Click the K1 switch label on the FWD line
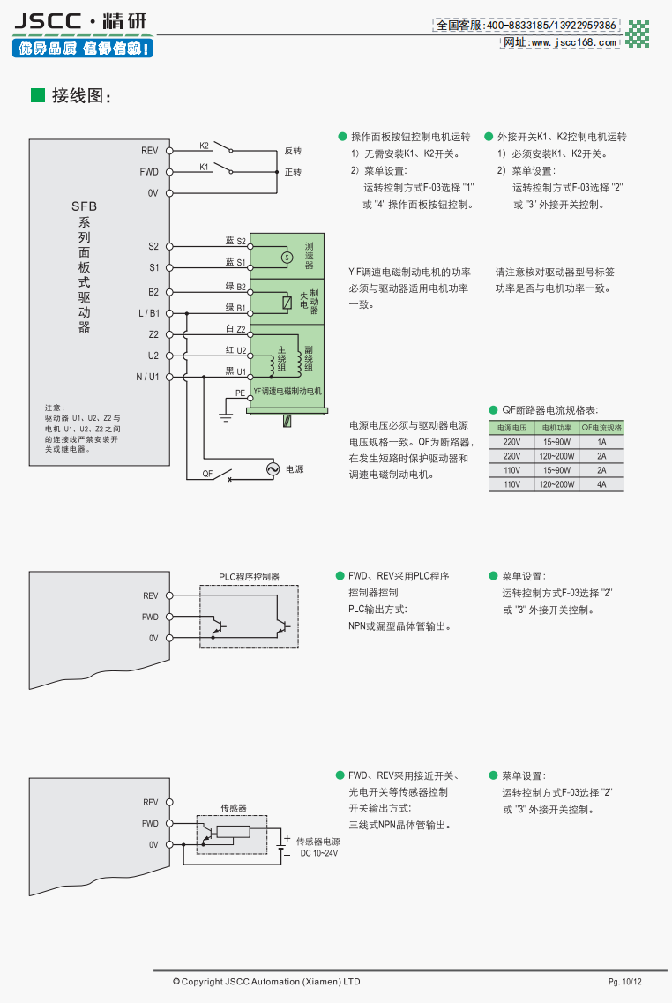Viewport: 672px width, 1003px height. (x=204, y=166)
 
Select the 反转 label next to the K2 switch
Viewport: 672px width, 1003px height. (x=293, y=151)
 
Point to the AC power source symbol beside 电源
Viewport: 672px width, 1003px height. (x=273, y=469)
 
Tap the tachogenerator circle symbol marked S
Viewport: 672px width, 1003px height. (x=285, y=257)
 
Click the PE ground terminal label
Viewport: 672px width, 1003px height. (x=240, y=393)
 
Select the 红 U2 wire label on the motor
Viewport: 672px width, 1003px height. (x=235, y=350)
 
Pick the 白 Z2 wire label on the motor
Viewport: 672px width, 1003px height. (x=235, y=329)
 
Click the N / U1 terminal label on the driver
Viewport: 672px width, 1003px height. (x=147, y=377)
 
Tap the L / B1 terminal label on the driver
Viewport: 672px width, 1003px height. (x=148, y=313)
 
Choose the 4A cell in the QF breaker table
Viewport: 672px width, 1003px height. (x=601, y=484)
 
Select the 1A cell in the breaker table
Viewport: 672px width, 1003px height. (x=601, y=441)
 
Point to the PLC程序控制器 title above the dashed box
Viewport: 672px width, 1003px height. (x=249, y=577)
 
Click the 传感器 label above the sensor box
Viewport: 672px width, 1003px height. (x=233, y=808)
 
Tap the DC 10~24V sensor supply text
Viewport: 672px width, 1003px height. (x=318, y=853)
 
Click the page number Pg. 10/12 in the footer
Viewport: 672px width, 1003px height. (x=624, y=982)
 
